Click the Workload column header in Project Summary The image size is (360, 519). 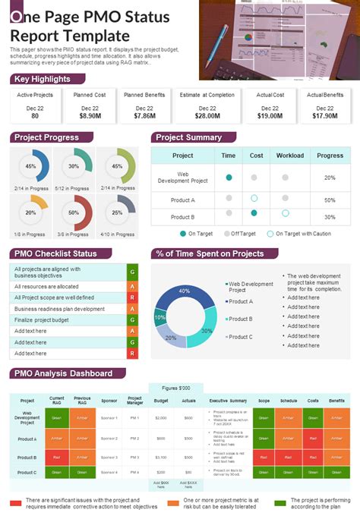pos(290,156)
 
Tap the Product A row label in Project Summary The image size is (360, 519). pos(182,200)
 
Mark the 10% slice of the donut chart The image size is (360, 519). pos(159,317)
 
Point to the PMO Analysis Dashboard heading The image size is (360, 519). pos(63,373)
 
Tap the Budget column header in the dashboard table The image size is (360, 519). pos(161,400)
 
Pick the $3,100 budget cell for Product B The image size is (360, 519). pos(161,458)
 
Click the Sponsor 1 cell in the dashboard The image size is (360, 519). pos(109,417)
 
